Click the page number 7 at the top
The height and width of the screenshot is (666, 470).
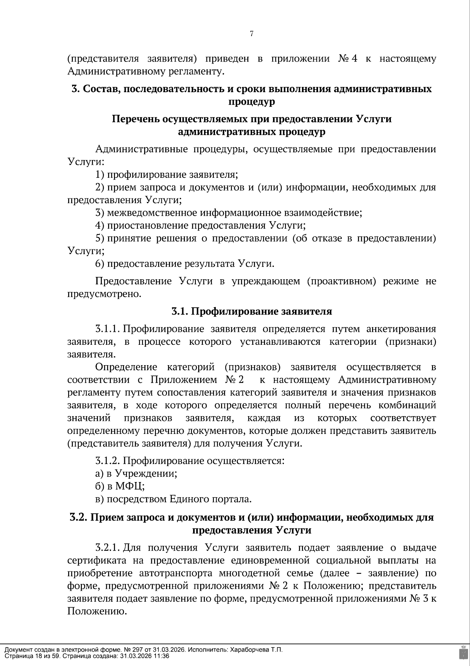[x=251, y=34]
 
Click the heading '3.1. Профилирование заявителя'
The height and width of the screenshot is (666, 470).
[x=251, y=311]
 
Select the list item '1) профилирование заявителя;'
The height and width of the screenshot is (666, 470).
[x=167, y=175]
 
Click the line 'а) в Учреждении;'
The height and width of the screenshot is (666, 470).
[x=136, y=473]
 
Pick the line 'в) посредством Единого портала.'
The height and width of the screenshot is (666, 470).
[x=173, y=499]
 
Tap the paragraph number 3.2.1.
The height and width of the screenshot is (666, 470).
[x=108, y=548]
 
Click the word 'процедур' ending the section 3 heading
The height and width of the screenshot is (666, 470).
[x=251, y=102]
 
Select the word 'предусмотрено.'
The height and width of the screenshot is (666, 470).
[x=104, y=294]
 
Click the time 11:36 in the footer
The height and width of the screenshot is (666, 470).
[x=162, y=656]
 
